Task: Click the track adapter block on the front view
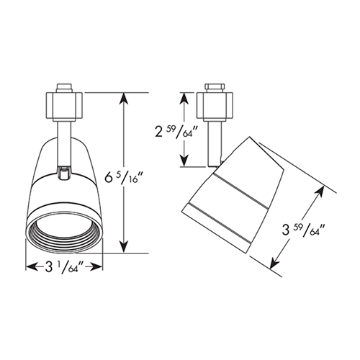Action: coord(64,105)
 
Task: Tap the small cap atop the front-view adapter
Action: coord(64,88)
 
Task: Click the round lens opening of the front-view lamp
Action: coord(66,233)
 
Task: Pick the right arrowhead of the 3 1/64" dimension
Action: coord(102,267)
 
